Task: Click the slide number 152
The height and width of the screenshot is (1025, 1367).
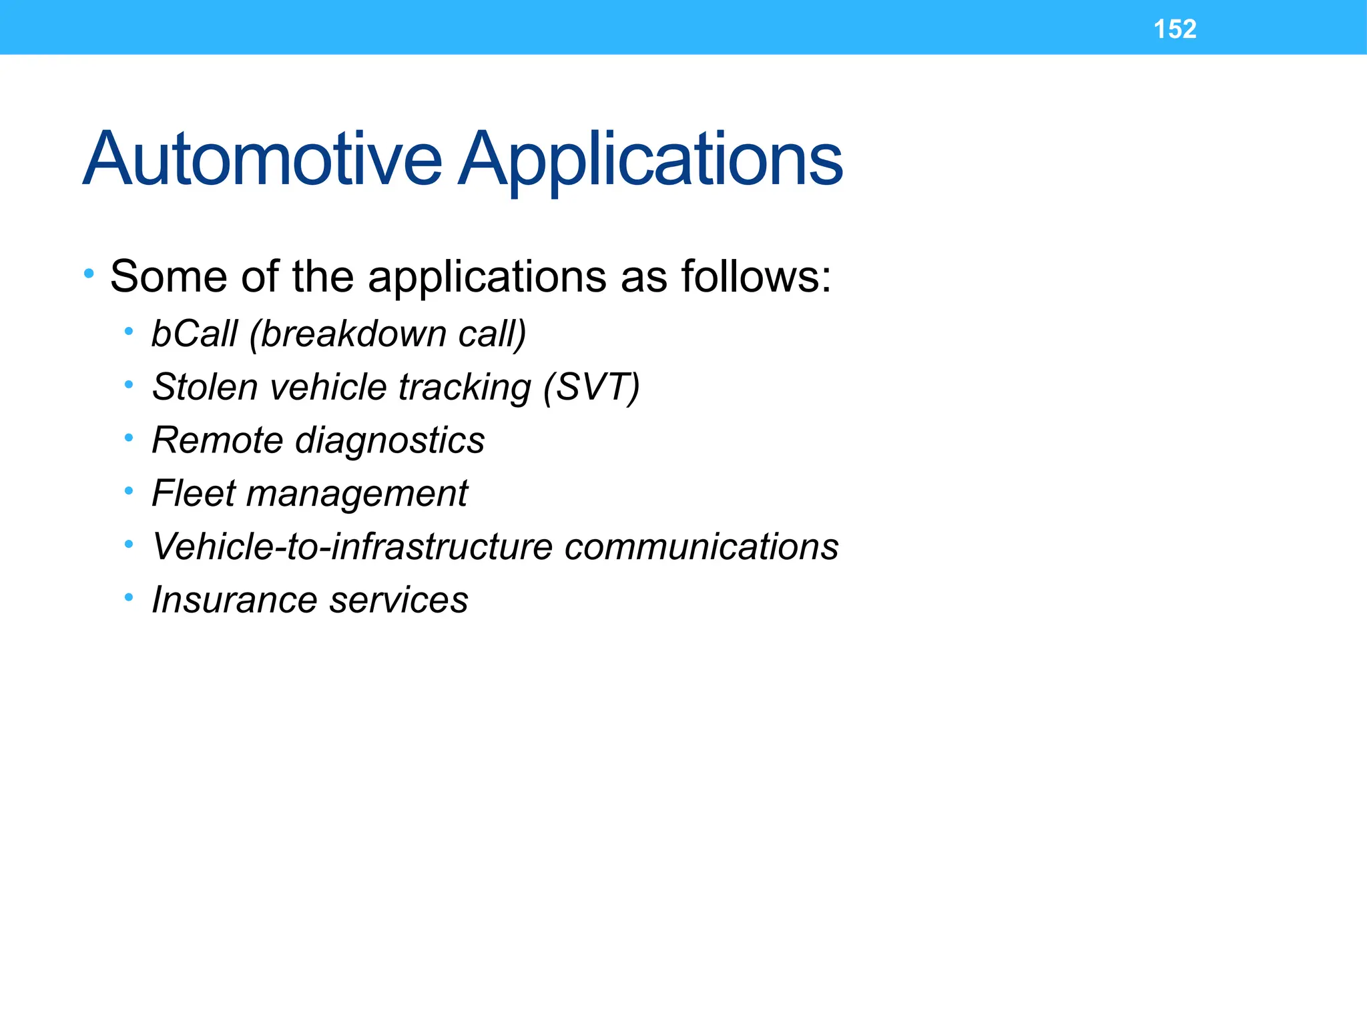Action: [1175, 29]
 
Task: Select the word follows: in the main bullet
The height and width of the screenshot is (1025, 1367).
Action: [756, 276]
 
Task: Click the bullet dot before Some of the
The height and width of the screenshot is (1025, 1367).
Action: [89, 273]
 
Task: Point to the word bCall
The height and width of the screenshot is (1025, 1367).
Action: [194, 333]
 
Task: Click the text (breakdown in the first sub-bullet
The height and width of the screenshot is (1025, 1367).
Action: [347, 333]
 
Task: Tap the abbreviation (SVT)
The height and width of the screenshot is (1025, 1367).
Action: [591, 386]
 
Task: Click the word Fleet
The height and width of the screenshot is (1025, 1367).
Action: [194, 493]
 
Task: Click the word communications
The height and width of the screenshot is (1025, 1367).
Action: [701, 547]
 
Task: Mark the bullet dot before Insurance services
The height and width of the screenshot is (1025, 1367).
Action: [129, 597]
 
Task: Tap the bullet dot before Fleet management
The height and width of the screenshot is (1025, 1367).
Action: [129, 491]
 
